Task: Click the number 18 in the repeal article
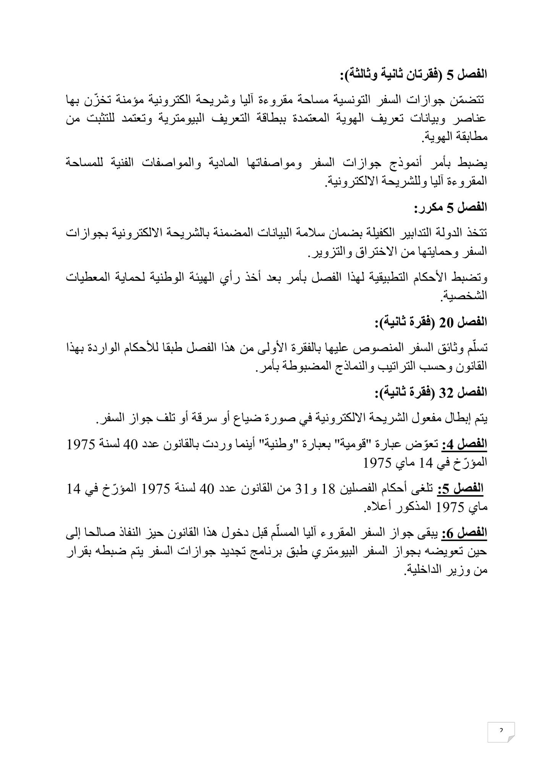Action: (x=336, y=489)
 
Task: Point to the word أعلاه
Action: (x=376, y=508)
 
